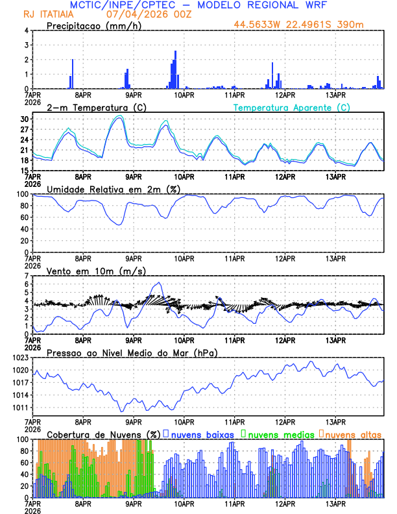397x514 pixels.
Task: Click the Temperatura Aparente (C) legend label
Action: (x=292, y=107)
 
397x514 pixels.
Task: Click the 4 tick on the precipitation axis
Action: (x=27, y=31)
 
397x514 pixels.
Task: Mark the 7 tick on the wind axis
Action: (x=27, y=276)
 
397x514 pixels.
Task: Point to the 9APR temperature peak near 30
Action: (x=119, y=116)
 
